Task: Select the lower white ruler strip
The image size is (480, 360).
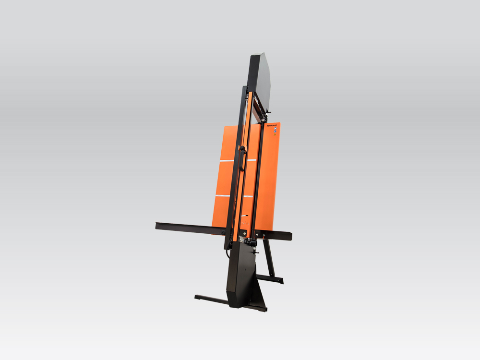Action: point(234,196)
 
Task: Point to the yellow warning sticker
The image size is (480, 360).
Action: point(275,136)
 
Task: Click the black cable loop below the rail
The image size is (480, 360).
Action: point(228,252)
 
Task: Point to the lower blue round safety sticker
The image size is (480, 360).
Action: point(274,132)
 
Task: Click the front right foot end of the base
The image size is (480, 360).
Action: point(263,310)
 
